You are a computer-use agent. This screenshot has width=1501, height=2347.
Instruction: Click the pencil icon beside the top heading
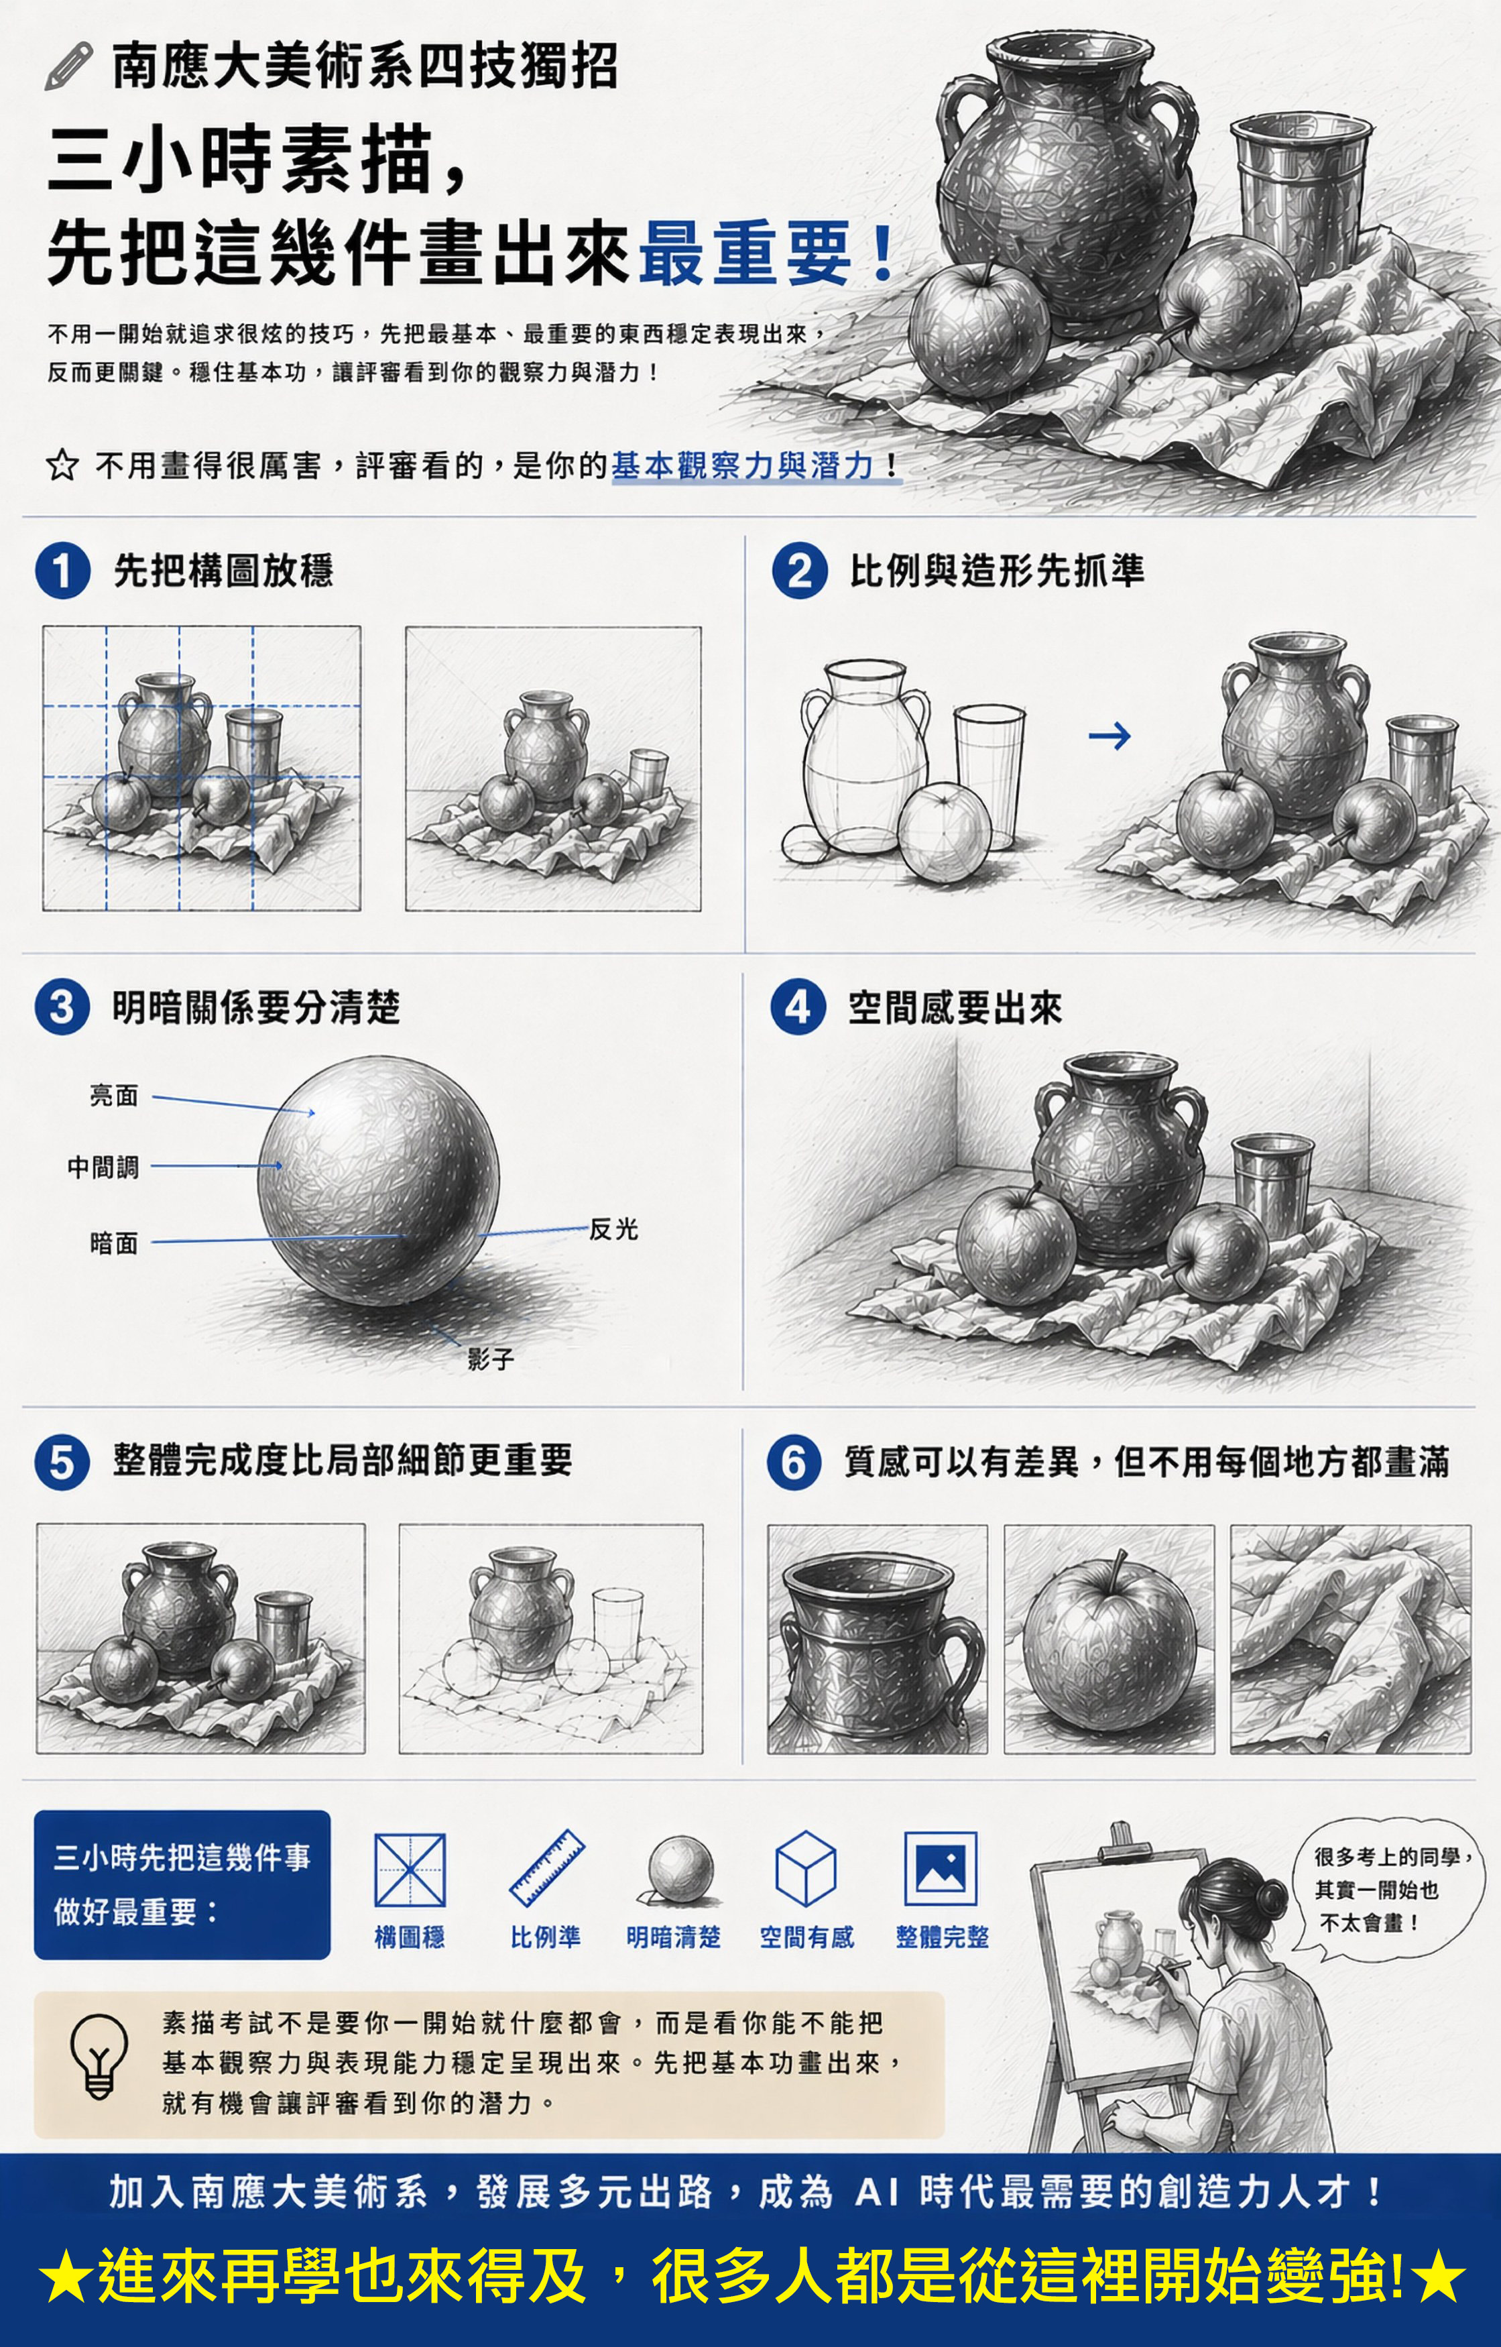pos(68,67)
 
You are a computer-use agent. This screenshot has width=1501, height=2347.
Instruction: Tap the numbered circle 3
pos(62,1007)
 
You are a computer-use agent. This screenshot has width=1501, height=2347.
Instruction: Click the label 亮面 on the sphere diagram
pos(114,1096)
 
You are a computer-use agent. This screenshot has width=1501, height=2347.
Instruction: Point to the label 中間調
pos(103,1167)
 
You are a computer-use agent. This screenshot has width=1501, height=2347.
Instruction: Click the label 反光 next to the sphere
pos(613,1229)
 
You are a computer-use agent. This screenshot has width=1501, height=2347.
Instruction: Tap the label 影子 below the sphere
pos(490,1359)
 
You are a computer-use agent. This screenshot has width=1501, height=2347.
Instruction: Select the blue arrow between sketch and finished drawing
pos(1109,735)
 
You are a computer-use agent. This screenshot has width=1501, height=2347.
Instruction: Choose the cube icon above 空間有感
pos(805,1868)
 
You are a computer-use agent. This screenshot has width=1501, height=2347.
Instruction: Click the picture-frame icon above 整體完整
pos(941,1868)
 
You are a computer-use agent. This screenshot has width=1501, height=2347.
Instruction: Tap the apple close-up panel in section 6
pos(1109,1640)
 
